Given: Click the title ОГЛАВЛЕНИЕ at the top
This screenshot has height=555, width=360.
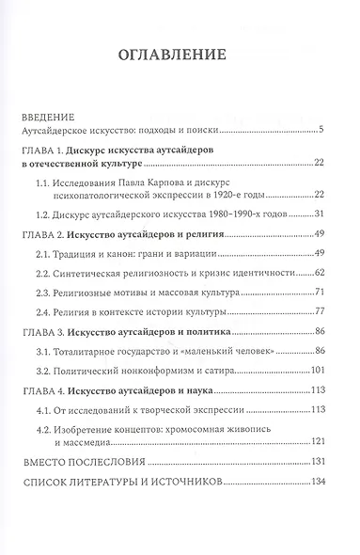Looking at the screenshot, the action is click(180, 55).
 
